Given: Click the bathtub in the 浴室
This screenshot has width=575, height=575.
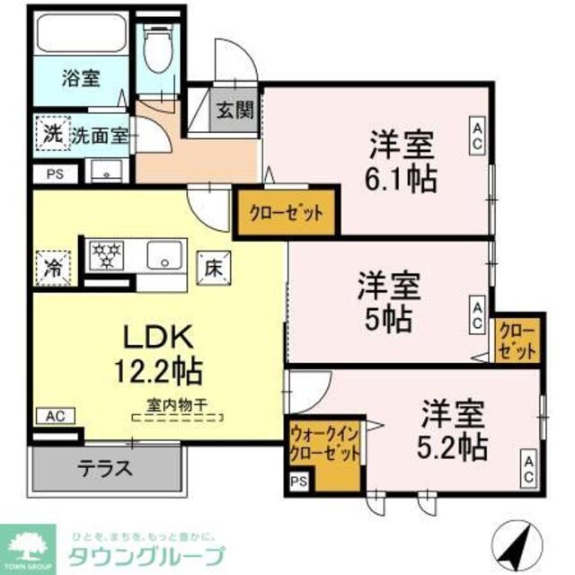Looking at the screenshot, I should (x=81, y=36).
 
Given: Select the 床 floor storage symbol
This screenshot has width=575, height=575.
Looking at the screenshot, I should (x=213, y=266).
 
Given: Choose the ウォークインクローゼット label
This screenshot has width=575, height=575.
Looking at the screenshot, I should (x=324, y=444).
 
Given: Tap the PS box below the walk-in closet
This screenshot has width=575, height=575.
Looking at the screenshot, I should (x=298, y=483).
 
